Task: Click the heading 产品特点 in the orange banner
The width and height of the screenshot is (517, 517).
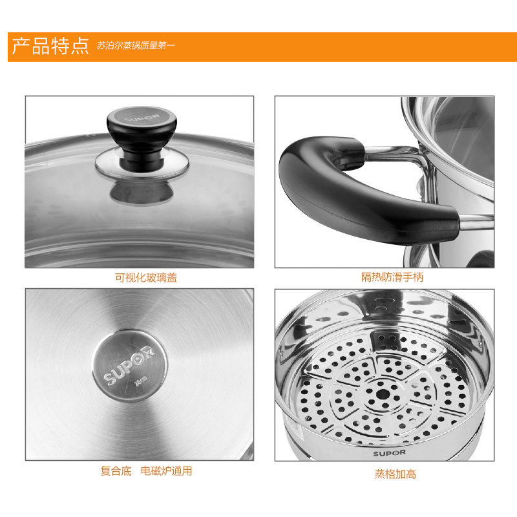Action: [50, 46]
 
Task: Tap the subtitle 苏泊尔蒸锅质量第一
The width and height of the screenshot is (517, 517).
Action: [136, 45]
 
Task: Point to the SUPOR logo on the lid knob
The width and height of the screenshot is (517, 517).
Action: [142, 117]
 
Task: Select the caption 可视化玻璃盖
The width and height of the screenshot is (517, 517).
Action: [146, 278]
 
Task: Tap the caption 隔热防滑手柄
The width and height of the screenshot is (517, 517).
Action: [392, 277]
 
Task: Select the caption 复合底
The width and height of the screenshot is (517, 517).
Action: [116, 471]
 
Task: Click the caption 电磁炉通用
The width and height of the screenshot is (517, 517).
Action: [166, 471]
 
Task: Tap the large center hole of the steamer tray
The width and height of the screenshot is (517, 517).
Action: [383, 394]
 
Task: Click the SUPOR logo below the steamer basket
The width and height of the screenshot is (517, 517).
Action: [390, 454]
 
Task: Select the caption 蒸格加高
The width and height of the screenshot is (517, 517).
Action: [396, 474]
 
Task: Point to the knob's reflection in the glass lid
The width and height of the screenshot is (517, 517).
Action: [142, 193]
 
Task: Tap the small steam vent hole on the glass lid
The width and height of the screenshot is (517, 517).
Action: [87, 135]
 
